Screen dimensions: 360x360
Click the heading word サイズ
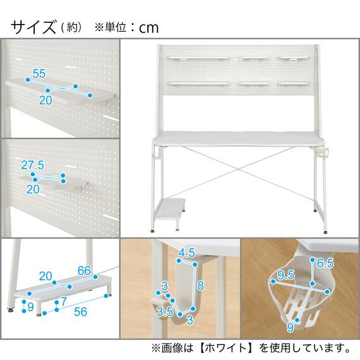[x=33, y=27]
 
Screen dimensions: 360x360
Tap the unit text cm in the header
[x=149, y=28]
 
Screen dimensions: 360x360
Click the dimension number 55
[x=39, y=74]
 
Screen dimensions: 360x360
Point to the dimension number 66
[x=85, y=271]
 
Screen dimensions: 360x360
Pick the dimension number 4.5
[x=186, y=253]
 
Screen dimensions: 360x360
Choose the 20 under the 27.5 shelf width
[x=33, y=189]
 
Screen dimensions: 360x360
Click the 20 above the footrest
[x=45, y=275]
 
